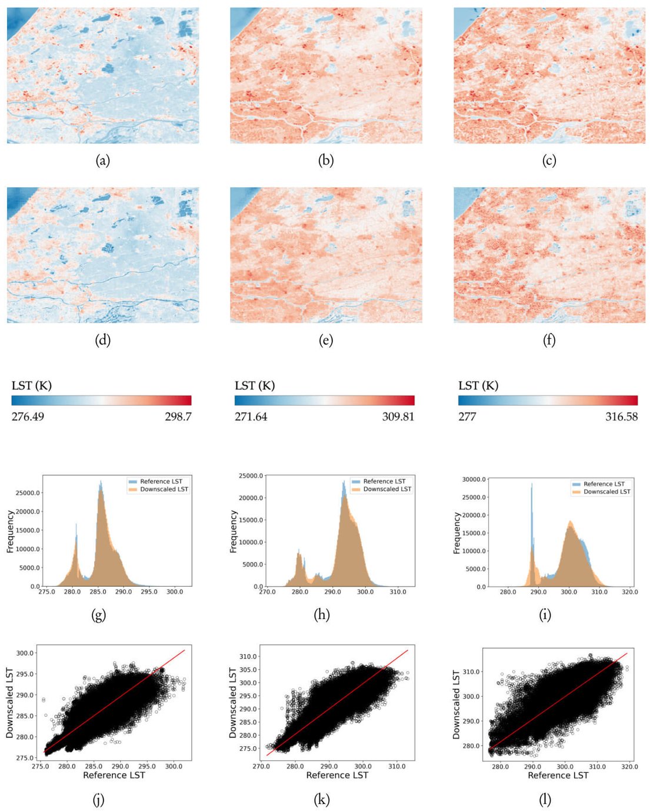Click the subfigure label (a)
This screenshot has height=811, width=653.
coord(102,160)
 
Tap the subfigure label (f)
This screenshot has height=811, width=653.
coord(549,340)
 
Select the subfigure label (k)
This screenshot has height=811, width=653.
coord(322,799)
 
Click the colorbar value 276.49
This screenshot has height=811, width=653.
coord(28,416)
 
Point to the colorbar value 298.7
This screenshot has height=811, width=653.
coord(178,416)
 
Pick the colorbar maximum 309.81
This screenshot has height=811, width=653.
coord(398,416)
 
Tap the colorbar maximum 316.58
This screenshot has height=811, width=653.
coord(621,416)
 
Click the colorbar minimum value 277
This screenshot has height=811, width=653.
coord(467,416)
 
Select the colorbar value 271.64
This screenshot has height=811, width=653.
coord(251,416)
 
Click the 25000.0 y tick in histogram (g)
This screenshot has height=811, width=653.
coord(28,493)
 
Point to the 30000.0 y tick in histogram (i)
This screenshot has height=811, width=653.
coord(474,479)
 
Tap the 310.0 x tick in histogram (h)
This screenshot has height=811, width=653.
coord(398,592)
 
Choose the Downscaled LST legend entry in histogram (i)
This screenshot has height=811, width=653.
coord(607,492)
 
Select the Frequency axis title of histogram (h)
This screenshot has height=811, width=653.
coord(234,531)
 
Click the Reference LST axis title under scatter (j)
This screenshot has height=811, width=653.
coord(114,775)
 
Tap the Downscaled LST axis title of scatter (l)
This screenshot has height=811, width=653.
coord(457,704)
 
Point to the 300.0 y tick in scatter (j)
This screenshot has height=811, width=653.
coord(25,653)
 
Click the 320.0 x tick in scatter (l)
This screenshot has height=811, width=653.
coord(629,767)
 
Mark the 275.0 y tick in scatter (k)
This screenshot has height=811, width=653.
coord(248,749)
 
